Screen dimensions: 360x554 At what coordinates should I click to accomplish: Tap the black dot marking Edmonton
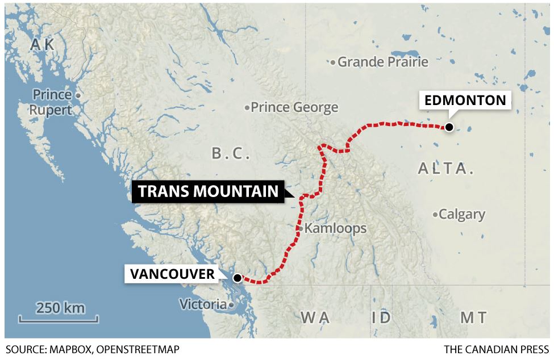[x=449, y=127]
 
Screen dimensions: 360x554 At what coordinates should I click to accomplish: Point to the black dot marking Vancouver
[x=236, y=278]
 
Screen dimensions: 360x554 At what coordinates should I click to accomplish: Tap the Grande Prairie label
[x=383, y=61]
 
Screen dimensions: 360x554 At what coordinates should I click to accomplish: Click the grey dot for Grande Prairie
[x=334, y=62]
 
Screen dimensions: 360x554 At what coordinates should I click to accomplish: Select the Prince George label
[x=294, y=107]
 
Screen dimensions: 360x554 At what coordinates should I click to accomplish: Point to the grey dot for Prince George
[x=247, y=107]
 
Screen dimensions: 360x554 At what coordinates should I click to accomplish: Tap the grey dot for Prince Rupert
[x=78, y=95]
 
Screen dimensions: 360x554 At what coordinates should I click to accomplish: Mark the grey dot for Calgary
[x=435, y=215]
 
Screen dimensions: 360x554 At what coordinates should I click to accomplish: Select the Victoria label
[x=203, y=304]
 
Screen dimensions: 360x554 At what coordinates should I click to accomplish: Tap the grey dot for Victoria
[x=231, y=305]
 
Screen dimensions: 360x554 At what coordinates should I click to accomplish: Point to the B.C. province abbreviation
[x=231, y=153]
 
